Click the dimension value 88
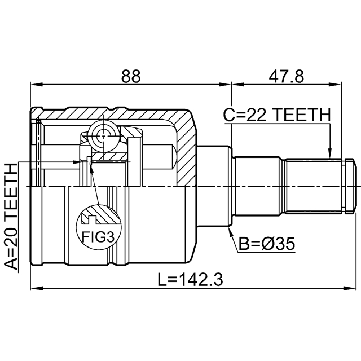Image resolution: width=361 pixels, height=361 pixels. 131,76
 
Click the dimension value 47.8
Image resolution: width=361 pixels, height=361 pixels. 286,76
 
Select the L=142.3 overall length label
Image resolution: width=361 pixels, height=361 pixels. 190,280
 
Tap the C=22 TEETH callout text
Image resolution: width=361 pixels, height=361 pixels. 277,115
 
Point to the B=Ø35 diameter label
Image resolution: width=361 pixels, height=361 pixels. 267,244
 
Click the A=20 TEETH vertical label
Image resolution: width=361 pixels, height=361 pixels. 11,216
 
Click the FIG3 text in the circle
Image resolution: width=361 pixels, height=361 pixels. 98,237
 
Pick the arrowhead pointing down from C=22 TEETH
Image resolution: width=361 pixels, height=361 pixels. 330,153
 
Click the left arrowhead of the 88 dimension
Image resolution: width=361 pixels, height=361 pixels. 37,85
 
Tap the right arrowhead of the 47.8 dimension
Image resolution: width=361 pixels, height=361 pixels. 334,85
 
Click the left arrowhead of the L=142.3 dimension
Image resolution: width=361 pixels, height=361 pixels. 37,288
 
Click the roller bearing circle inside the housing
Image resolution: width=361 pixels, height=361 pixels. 104,137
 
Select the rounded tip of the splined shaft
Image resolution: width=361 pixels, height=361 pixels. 351,186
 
